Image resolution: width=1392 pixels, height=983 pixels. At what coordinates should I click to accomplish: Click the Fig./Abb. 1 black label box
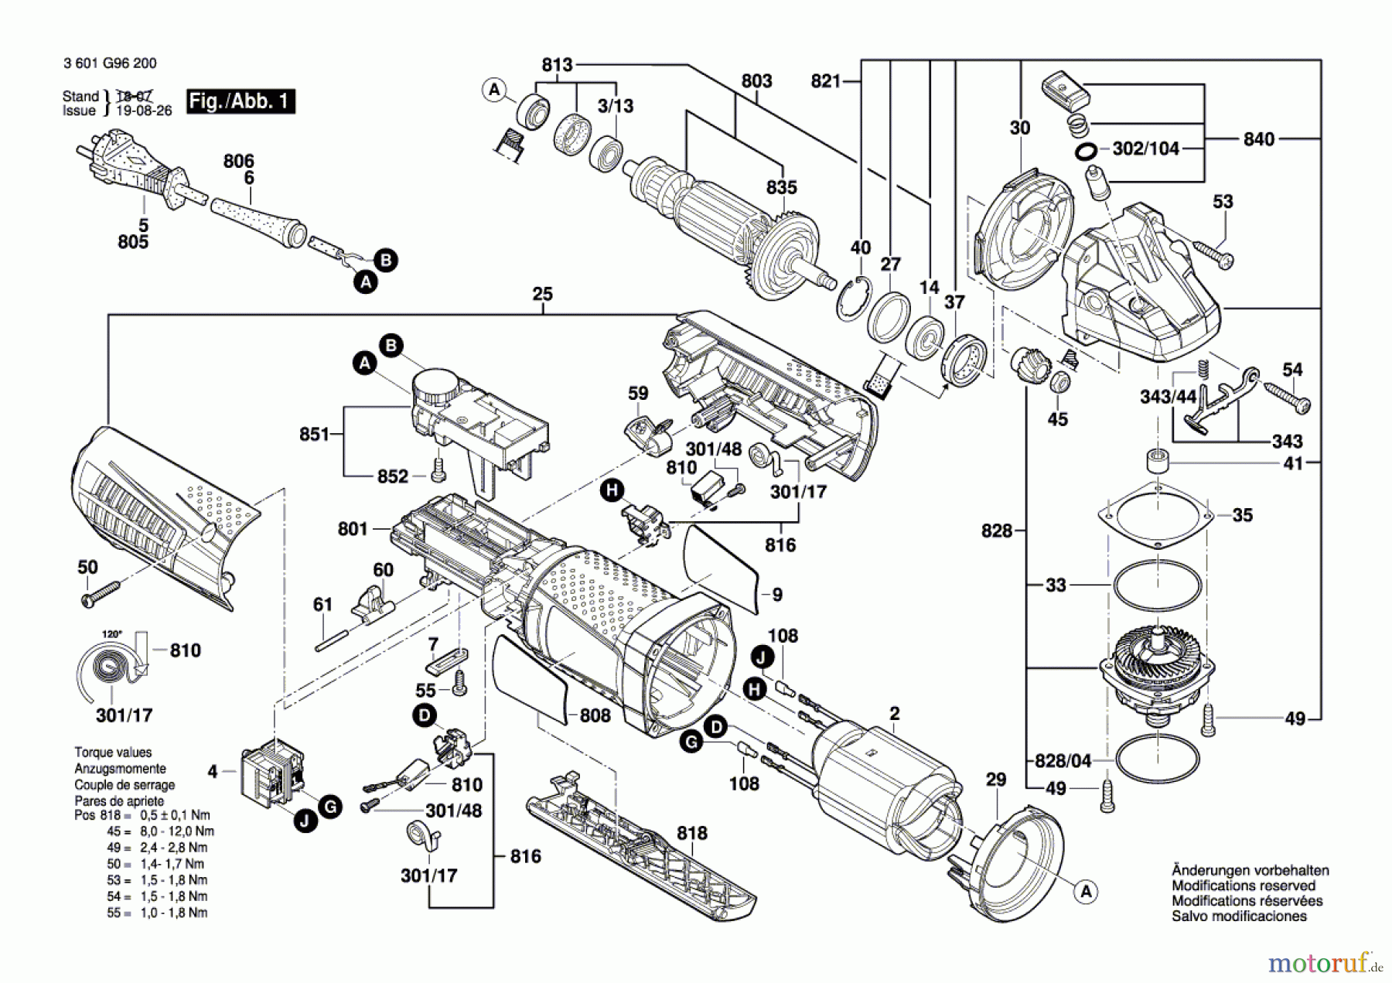[x=241, y=101]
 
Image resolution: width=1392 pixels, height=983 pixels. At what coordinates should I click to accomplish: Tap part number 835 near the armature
[x=782, y=187]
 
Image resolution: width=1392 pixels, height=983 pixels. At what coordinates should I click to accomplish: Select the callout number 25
[x=543, y=294]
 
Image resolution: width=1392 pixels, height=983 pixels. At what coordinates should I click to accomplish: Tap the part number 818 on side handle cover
[x=691, y=833]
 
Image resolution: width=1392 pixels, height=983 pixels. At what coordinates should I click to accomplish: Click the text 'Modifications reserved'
[x=1243, y=886]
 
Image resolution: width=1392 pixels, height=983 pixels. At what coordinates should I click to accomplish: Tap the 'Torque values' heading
[x=113, y=752]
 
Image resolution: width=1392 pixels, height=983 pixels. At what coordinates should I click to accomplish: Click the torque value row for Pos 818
[x=142, y=815]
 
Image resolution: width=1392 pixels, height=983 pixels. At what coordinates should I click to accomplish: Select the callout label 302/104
[x=1145, y=148]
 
